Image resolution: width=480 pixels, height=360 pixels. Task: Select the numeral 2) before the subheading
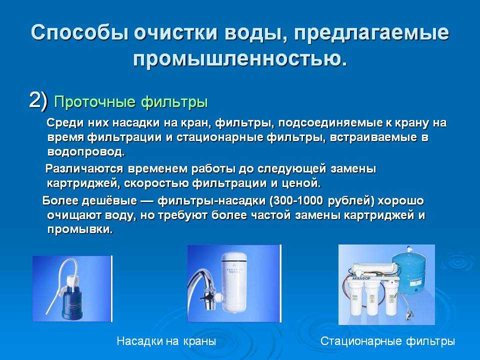click(38, 100)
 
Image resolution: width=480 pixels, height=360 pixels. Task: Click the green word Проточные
click(95, 102)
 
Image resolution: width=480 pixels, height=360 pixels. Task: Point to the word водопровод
click(86, 152)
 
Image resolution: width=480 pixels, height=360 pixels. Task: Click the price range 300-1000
click(296, 200)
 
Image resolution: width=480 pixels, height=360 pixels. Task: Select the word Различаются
click(84, 168)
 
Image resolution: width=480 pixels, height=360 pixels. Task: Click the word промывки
click(80, 229)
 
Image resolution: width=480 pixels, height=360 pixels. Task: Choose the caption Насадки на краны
click(166, 340)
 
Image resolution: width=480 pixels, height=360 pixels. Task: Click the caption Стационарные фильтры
click(387, 340)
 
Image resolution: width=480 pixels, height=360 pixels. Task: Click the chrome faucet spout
click(198, 283)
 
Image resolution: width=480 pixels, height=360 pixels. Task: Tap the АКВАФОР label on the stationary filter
click(361, 278)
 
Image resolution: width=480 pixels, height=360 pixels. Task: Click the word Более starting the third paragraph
click(58, 201)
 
